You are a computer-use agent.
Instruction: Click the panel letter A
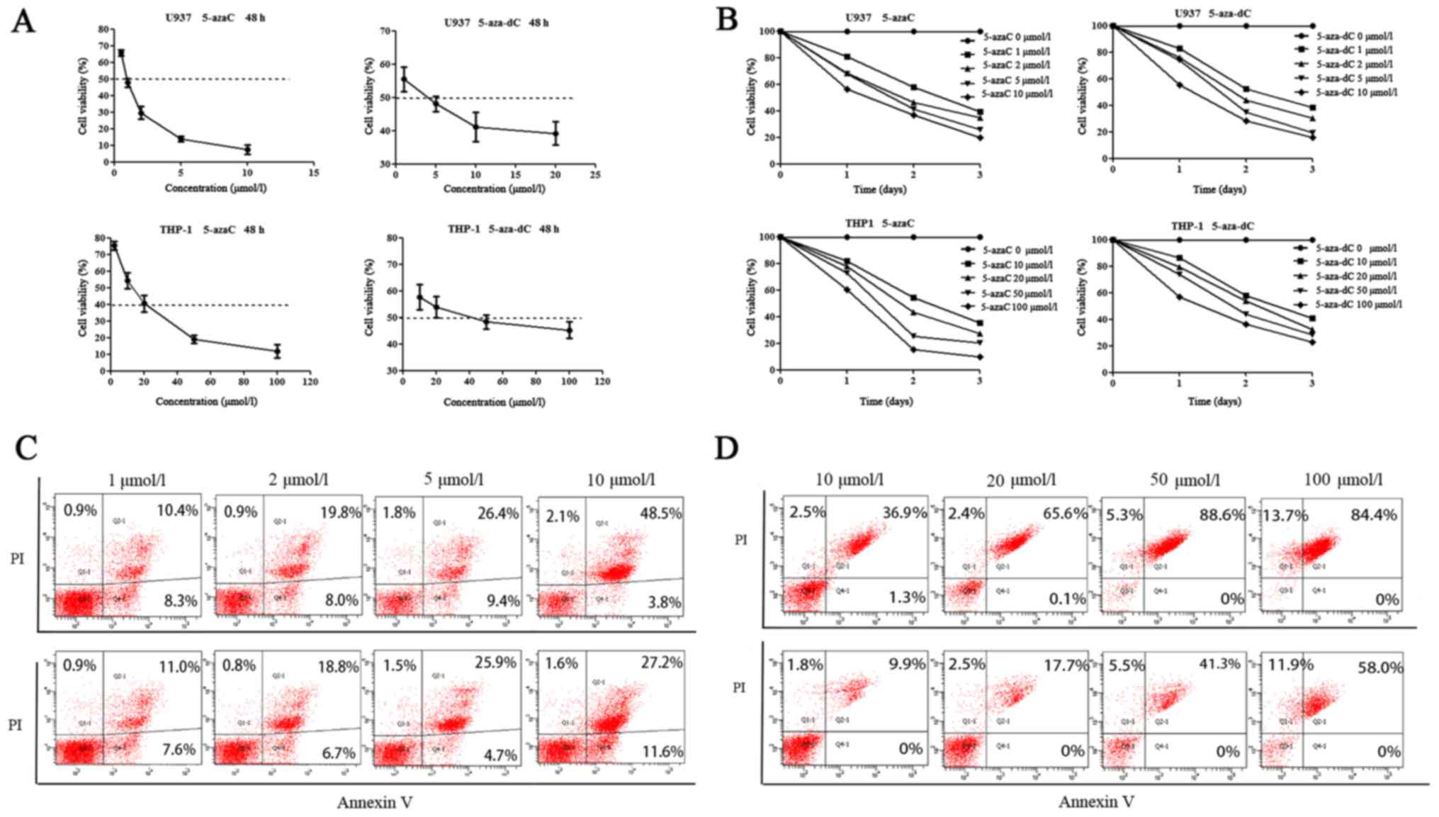pyautogui.click(x=23, y=21)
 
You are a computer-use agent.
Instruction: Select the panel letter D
pyautogui.click(x=727, y=448)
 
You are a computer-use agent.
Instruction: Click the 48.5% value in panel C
pyautogui.click(x=660, y=513)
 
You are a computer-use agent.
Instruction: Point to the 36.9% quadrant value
pyautogui.click(x=904, y=512)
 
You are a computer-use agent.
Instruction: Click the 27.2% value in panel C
pyautogui.click(x=661, y=663)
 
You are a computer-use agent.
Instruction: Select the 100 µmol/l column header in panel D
pyautogui.click(x=1343, y=480)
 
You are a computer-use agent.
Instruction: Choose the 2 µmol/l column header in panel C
pyautogui.click(x=298, y=480)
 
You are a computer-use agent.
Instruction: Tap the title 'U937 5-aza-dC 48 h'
pyautogui.click(x=496, y=23)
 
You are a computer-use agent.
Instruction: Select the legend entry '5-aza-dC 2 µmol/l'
pyautogui.click(x=1354, y=64)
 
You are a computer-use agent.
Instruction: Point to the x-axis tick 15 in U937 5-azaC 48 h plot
pyautogui.click(x=314, y=173)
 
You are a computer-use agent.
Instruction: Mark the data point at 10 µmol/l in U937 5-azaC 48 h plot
pyautogui.click(x=247, y=150)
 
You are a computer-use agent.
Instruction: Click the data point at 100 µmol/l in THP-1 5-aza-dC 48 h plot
pyautogui.click(x=569, y=330)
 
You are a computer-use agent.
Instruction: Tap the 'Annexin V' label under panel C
pyautogui.click(x=374, y=803)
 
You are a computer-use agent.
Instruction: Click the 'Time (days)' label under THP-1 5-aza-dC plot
pyautogui.click(x=1214, y=401)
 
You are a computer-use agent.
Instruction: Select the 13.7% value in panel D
pyautogui.click(x=1285, y=515)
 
